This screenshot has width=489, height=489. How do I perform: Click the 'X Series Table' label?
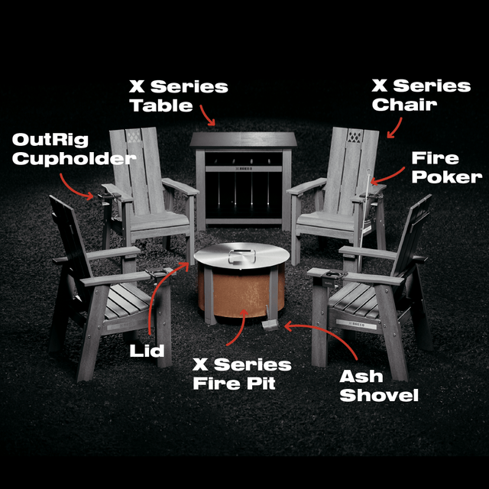click(178, 96)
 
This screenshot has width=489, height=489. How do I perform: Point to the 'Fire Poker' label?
click(447, 167)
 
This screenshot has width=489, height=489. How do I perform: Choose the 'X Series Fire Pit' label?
click(241, 374)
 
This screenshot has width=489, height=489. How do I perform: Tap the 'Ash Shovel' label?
click(379, 386)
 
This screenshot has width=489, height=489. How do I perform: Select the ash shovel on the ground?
click(268, 326)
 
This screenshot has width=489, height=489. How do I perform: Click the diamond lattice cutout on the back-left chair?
click(134, 140)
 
